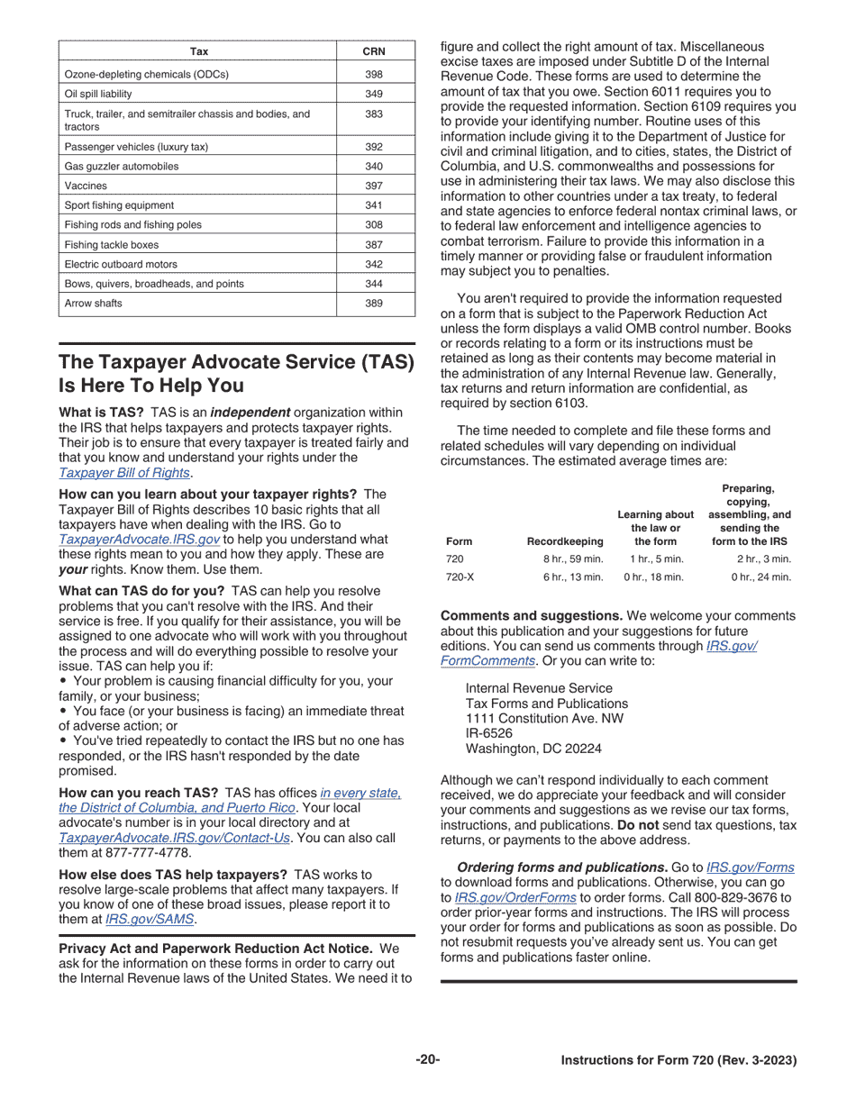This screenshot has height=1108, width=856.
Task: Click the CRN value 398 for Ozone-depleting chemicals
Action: (374, 74)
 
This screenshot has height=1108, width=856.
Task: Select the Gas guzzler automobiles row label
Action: (122, 167)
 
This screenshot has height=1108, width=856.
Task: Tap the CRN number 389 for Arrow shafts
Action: (374, 304)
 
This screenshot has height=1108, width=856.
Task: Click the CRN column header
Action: (374, 51)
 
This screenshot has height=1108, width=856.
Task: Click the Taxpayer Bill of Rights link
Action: (124, 473)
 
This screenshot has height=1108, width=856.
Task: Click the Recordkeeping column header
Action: (564, 541)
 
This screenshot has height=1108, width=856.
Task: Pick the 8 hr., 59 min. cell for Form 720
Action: (572, 559)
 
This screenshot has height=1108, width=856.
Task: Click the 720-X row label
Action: (460, 577)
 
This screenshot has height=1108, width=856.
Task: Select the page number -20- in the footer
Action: (428, 1059)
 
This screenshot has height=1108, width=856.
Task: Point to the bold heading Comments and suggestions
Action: (531, 616)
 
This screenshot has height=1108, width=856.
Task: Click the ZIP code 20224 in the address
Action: (582, 749)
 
